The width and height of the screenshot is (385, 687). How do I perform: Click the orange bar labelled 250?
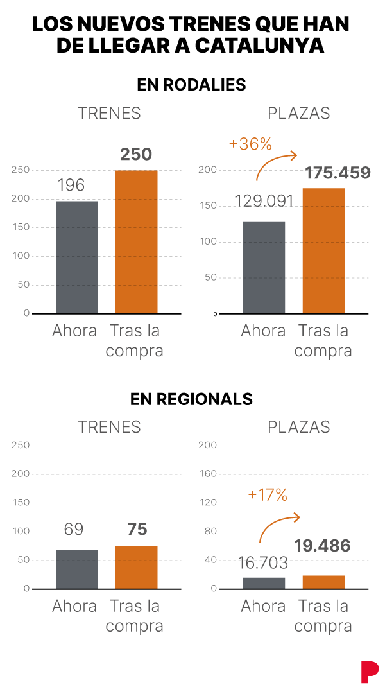(136, 241)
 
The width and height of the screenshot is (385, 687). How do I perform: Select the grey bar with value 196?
(77, 257)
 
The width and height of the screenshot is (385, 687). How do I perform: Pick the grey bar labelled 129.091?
(264, 267)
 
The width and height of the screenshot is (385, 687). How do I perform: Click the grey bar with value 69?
(77, 569)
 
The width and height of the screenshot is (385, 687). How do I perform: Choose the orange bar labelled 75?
(136, 567)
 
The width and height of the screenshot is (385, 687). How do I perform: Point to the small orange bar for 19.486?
(323, 582)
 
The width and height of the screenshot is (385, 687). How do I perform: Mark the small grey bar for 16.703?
(264, 583)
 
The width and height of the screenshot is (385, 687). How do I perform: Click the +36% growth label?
(250, 144)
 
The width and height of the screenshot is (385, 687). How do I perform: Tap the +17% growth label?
(268, 494)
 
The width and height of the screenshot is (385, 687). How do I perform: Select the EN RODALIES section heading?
(191, 85)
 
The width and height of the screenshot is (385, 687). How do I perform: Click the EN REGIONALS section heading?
(191, 399)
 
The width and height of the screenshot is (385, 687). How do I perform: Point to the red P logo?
(369, 671)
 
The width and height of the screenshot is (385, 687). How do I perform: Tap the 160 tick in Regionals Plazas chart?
(209, 474)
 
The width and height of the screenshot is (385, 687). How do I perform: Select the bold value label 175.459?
(338, 173)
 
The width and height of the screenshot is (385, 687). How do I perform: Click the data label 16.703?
(262, 563)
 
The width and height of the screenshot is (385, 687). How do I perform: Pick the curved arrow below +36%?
(275, 164)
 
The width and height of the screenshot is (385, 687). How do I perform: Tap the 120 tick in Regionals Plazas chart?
(209, 503)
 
